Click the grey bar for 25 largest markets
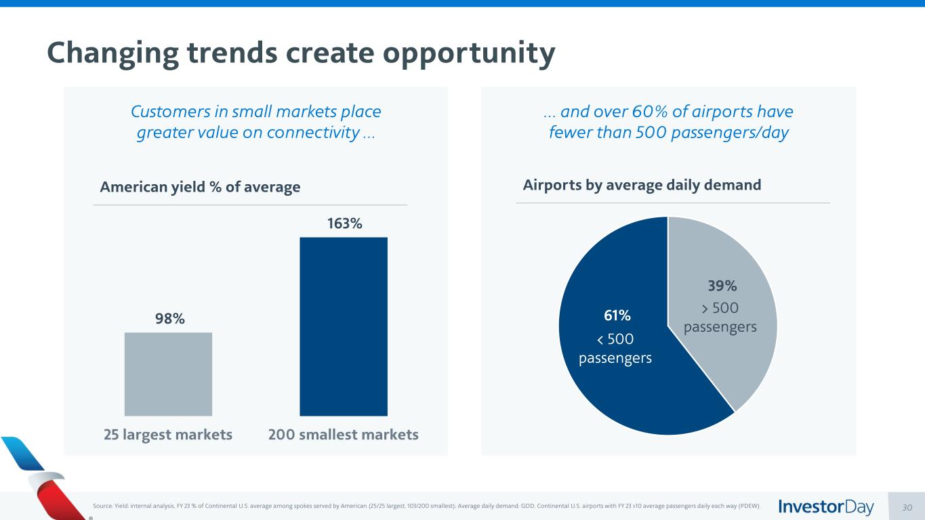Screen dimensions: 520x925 [x=168, y=374]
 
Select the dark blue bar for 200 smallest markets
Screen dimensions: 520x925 [x=344, y=326]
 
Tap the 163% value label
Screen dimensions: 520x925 [x=344, y=223]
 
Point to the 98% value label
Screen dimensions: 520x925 [x=168, y=319]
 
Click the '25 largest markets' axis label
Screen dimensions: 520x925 [x=168, y=435]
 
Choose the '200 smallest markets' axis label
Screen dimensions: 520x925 [x=344, y=435]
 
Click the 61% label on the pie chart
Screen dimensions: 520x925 [x=617, y=316]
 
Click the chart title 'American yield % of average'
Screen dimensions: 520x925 [x=200, y=187]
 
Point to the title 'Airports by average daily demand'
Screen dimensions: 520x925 [x=642, y=185]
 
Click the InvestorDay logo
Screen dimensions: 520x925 [x=826, y=506]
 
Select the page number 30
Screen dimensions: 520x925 [x=907, y=507]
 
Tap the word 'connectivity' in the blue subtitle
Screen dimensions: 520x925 [x=312, y=133]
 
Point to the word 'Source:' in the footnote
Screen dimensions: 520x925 [x=101, y=506]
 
